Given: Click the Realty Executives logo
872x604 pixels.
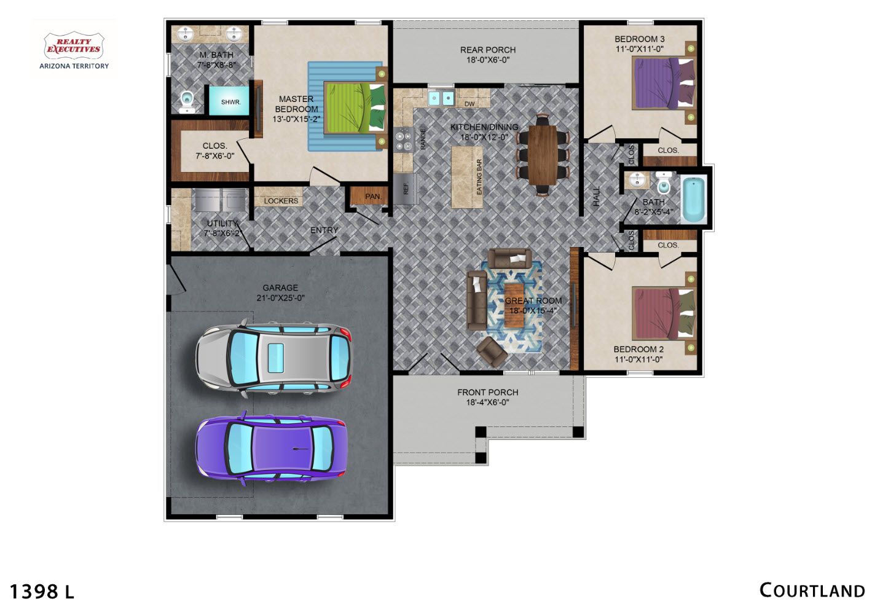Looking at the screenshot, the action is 74,50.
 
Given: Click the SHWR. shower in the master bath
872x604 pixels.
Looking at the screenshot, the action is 229,101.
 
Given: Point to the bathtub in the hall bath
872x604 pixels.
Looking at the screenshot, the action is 694,200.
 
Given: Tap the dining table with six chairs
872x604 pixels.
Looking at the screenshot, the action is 543,155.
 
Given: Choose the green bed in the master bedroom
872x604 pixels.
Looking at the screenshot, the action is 355,108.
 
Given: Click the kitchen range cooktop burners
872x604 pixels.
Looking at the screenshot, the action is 403,141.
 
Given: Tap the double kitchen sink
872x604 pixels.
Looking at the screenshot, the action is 441,97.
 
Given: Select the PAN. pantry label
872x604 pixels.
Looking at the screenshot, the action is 374,197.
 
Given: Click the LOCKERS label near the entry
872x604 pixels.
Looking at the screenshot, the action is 281,201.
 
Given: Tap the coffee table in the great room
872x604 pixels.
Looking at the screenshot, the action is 514,305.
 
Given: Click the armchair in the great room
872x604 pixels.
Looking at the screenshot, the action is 492,352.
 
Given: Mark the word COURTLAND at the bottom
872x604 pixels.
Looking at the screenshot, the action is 812,590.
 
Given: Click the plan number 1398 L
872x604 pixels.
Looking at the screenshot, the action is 42,592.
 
